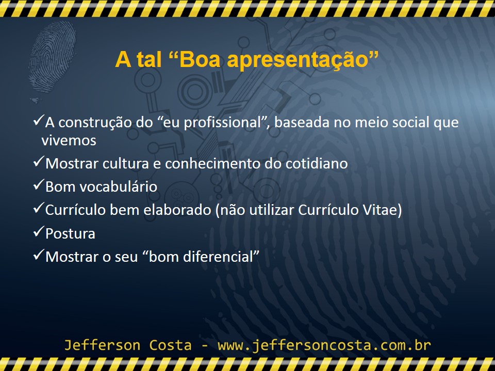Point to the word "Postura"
pyautogui.click(x=70, y=233)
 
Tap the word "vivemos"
pyautogui.click(x=69, y=140)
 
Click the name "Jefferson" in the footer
pyautogui.click(x=96, y=345)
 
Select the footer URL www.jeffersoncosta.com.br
pyautogui.click(x=324, y=345)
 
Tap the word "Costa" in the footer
pyautogui.click(x=172, y=345)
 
